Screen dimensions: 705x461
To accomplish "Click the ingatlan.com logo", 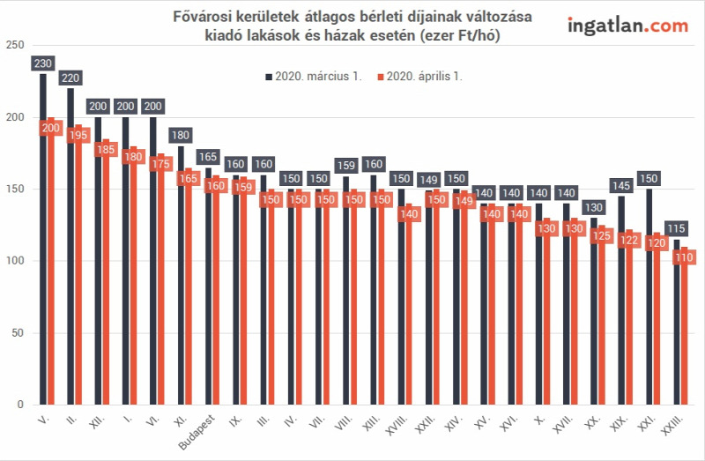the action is [627, 26].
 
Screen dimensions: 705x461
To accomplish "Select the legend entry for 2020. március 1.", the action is [314, 77].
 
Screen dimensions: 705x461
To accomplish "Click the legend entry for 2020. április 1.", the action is [419, 77].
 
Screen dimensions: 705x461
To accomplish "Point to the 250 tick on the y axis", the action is [15, 45].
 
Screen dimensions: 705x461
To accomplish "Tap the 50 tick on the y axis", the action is [18, 333].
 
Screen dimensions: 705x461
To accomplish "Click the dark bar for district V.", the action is [43, 239].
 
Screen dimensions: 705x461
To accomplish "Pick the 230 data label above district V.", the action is [43, 63].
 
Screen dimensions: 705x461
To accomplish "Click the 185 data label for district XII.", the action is [106, 149].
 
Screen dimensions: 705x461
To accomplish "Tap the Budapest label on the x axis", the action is [197, 432].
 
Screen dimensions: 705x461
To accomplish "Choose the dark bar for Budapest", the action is [208, 286].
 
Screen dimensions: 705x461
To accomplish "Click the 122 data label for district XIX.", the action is [629, 240].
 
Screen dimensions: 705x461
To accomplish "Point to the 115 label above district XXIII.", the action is [676, 228].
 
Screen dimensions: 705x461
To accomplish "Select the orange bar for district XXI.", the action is [657, 318].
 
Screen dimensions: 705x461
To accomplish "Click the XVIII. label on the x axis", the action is [397, 425].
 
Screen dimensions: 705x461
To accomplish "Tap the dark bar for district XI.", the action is [181, 275].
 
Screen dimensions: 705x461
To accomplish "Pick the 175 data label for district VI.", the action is [161, 164].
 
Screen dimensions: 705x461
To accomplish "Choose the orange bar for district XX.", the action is [602, 315].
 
